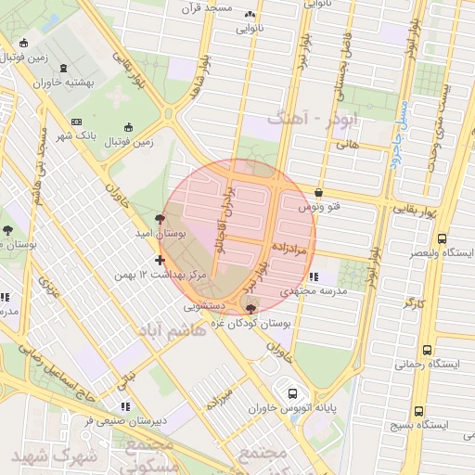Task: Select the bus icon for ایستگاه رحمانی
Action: click(x=427, y=350)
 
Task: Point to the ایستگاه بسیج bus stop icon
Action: click(x=418, y=410)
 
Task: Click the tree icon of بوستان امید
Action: click(x=161, y=219)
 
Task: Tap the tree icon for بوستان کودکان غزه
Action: click(x=250, y=309)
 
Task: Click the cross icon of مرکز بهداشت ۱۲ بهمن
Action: click(x=161, y=260)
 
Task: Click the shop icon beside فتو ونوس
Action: click(x=319, y=193)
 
